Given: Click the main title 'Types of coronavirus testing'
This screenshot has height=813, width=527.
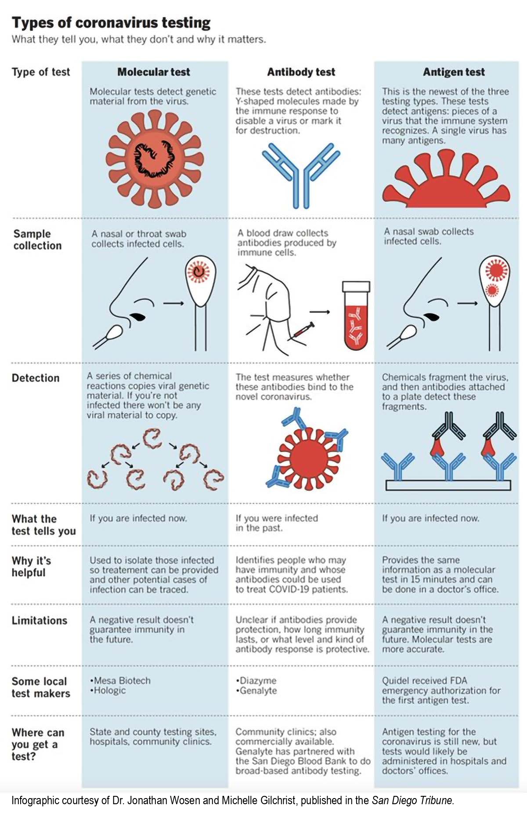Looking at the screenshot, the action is [111, 22].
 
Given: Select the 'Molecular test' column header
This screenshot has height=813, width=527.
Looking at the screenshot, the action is [154, 72].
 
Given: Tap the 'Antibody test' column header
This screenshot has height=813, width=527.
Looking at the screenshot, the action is [301, 72].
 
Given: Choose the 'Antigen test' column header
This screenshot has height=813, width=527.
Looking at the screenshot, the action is [454, 72].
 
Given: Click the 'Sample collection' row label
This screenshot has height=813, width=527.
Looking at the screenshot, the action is [37, 240].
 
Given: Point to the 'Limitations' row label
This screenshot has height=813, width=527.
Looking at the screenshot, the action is [40, 621].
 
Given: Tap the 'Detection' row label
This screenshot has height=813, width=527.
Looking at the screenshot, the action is [36, 378].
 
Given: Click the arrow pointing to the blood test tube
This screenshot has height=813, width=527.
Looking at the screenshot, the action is [320, 312].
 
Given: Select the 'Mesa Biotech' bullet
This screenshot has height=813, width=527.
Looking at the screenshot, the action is [120, 681].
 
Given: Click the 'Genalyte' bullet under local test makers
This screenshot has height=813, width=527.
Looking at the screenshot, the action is [256, 691].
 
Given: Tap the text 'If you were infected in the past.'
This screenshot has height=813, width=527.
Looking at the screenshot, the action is [277, 523].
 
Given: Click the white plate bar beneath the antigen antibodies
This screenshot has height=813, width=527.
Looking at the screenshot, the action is [448, 485].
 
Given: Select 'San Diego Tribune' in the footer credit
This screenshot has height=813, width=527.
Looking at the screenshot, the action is [412, 800].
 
